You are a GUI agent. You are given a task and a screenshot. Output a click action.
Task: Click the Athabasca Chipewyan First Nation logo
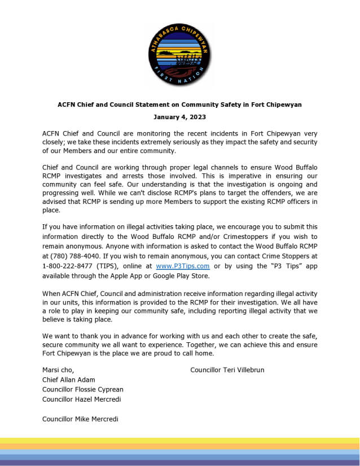click(179, 55)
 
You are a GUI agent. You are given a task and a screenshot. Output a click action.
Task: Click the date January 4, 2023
click(179, 117)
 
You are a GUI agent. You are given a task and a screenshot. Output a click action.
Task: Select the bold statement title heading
click(179, 104)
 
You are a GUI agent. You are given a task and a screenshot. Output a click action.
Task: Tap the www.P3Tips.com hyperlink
click(183, 265)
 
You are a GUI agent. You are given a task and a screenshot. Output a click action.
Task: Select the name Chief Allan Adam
click(69, 380)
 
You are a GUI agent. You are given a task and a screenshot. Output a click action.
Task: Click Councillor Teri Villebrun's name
click(227, 370)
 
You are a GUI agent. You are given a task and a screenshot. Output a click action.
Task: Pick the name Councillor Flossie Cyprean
click(83, 389)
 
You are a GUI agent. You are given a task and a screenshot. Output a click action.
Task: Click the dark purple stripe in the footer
click(179, 463)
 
